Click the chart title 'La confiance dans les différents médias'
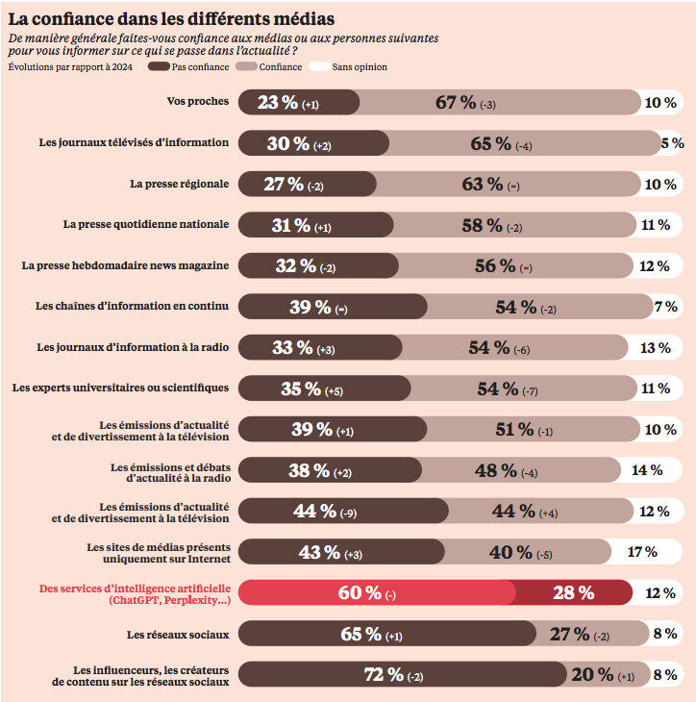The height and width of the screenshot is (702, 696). (x=171, y=17)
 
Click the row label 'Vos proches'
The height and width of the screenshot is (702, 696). (x=198, y=101)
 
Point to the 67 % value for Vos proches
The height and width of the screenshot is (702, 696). (x=457, y=103)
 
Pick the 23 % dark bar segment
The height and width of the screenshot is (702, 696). (x=298, y=103)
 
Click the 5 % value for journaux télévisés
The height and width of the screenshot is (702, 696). (x=673, y=143)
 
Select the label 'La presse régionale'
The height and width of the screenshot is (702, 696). (x=180, y=183)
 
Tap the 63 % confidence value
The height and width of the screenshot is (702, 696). (x=483, y=184)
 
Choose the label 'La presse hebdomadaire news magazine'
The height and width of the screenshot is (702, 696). (x=126, y=265)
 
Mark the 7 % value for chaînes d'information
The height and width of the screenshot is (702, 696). (x=665, y=307)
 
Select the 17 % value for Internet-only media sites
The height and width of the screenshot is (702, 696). (x=641, y=552)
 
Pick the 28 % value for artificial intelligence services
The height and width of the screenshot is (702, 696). (x=573, y=593)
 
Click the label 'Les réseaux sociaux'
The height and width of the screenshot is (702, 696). (x=178, y=635)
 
